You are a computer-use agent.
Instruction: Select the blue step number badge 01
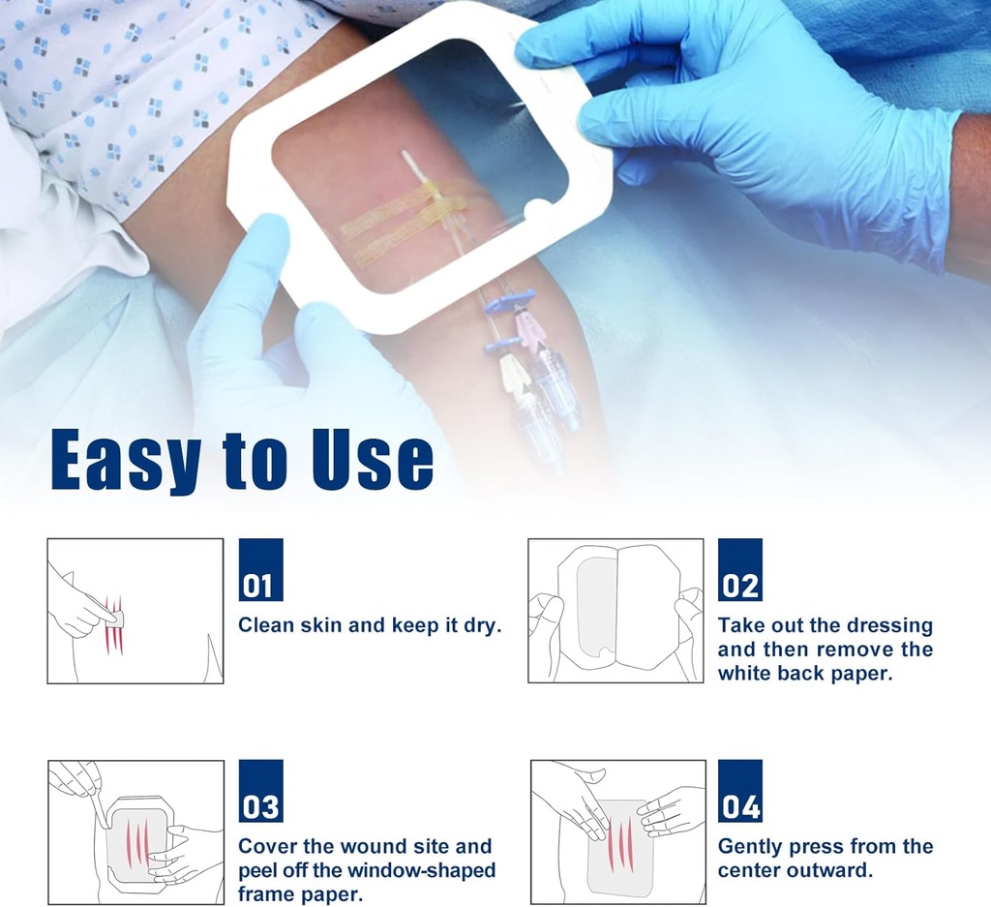click(x=260, y=570)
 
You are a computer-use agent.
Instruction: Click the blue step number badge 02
click(x=739, y=570)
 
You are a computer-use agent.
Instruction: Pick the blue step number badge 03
click(x=260, y=791)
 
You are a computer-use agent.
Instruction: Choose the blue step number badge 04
click(x=739, y=791)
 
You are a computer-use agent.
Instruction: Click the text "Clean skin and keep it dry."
click(x=370, y=625)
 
